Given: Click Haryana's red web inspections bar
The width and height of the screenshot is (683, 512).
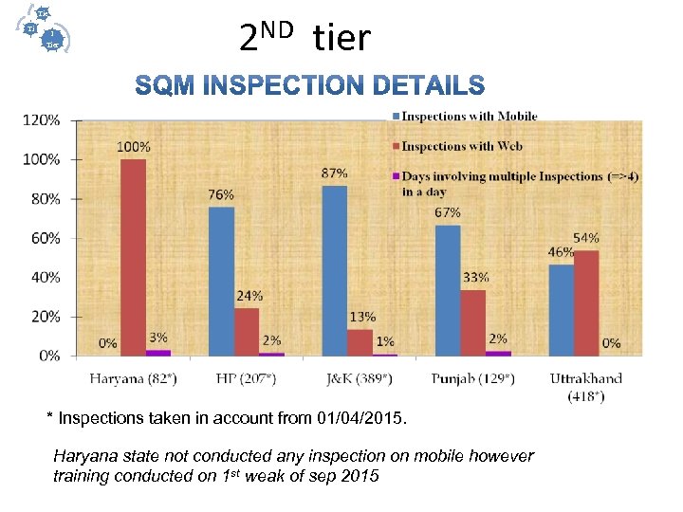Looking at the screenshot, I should [133, 257].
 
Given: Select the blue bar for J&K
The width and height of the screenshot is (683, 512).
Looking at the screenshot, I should [335, 270].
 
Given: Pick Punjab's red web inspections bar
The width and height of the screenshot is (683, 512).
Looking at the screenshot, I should [472, 322].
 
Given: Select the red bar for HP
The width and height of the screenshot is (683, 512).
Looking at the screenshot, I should [247, 332].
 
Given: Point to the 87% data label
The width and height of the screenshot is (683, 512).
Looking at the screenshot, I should [334, 174].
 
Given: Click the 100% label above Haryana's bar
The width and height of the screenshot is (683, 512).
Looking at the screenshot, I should [133, 147].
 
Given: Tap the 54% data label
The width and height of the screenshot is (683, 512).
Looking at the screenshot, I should [585, 237].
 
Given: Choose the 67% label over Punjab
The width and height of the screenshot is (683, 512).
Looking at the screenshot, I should [448, 212].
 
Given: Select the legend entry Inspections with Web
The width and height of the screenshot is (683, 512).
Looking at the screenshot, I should [462, 146].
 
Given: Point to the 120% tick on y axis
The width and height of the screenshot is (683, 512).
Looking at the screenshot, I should [43, 120].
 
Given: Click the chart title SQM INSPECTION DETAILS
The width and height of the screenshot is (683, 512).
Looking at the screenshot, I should [310, 86].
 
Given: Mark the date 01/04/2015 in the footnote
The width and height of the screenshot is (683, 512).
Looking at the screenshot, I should [359, 417].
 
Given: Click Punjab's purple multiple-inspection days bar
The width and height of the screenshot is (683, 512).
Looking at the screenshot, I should [498, 354].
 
